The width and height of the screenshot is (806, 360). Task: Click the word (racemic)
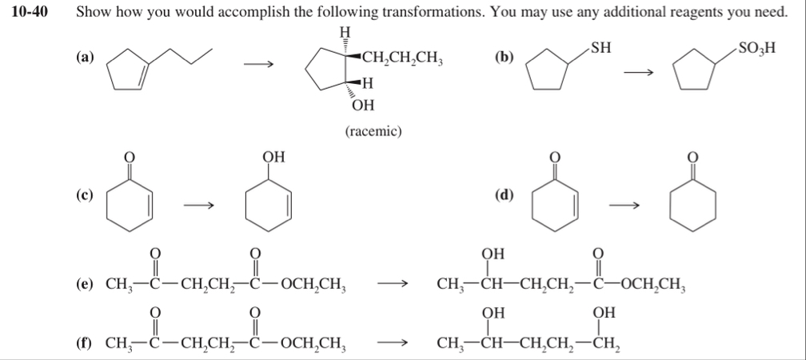[x=373, y=130]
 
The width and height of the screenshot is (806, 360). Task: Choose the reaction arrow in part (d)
[x=624, y=207]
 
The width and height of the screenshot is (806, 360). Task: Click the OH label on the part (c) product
[x=273, y=156]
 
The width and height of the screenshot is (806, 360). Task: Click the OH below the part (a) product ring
[x=361, y=106]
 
